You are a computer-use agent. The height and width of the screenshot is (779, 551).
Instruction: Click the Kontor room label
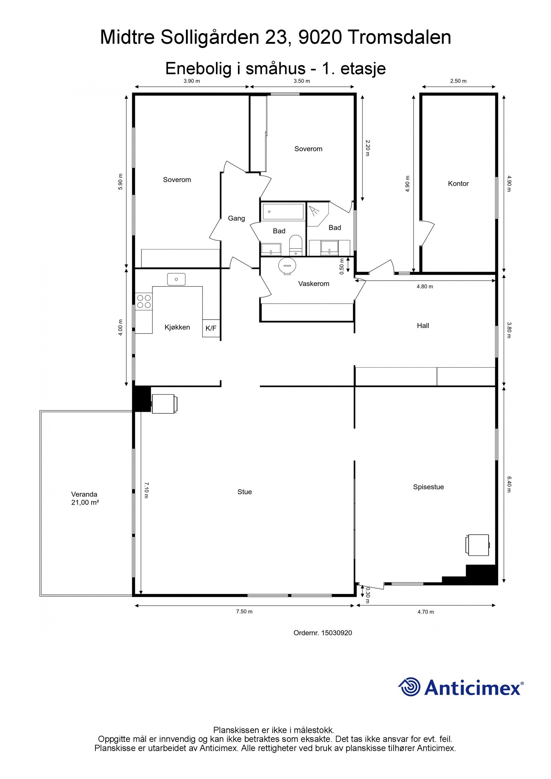tap(458, 183)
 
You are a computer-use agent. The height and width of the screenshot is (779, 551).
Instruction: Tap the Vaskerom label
tap(313, 284)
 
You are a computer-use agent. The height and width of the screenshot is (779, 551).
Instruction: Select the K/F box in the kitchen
tap(211, 328)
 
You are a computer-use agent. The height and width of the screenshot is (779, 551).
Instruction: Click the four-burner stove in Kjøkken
tap(144, 301)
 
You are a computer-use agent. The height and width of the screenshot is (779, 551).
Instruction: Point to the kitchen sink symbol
tap(176, 279)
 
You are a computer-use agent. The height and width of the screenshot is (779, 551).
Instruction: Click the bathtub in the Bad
tap(282, 212)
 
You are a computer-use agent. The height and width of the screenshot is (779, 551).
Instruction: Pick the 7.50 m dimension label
tap(244, 611)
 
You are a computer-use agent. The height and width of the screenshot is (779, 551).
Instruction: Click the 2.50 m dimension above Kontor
tap(458, 81)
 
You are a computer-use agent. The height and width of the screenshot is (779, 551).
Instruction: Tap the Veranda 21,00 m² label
tap(85, 498)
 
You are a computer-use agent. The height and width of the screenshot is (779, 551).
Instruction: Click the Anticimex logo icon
tap(409, 687)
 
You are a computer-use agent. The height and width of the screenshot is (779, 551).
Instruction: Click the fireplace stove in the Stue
tap(164, 403)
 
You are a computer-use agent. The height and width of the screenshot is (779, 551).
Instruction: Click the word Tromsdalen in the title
tap(399, 37)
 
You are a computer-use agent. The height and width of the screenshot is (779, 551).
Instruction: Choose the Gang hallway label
tap(236, 218)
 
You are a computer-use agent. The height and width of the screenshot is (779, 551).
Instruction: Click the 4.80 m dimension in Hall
tap(425, 286)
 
